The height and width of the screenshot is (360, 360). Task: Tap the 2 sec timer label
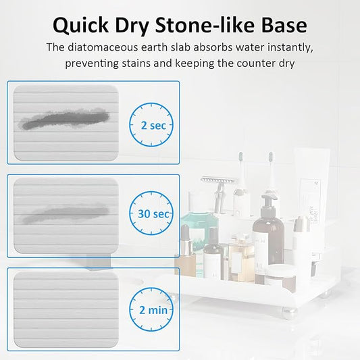pyautogui.click(x=152, y=126)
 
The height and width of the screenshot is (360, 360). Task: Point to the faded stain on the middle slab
pyautogui.click(x=64, y=214)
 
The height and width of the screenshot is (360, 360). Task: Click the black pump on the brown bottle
pyautogui.click(x=268, y=202)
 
